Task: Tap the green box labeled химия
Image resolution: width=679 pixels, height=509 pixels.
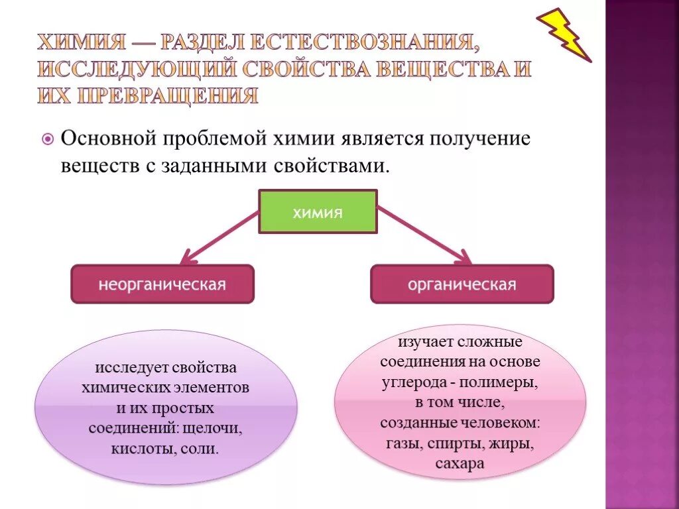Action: [318, 212]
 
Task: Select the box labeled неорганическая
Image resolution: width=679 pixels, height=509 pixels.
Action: [162, 284]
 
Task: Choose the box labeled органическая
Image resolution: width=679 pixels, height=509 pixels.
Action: [462, 284]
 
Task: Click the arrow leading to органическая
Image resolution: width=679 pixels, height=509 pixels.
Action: [424, 235]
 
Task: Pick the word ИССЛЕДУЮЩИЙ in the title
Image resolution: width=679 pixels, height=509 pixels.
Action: [135, 70]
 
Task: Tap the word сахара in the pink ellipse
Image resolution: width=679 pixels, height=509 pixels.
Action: [460, 463]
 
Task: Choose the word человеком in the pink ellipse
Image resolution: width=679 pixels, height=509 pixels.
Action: [507, 423]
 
